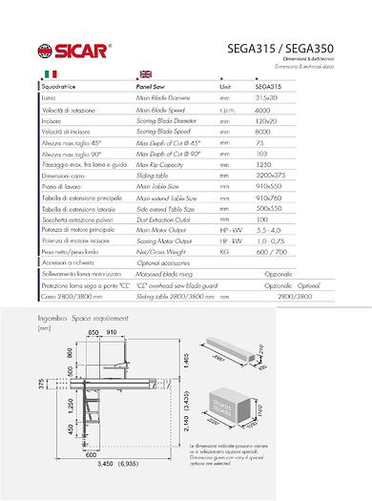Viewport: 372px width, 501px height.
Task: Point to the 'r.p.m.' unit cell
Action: pyautogui.click(x=226, y=111)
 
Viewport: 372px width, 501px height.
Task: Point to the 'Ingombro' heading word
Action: pyautogui.click(x=52, y=314)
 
